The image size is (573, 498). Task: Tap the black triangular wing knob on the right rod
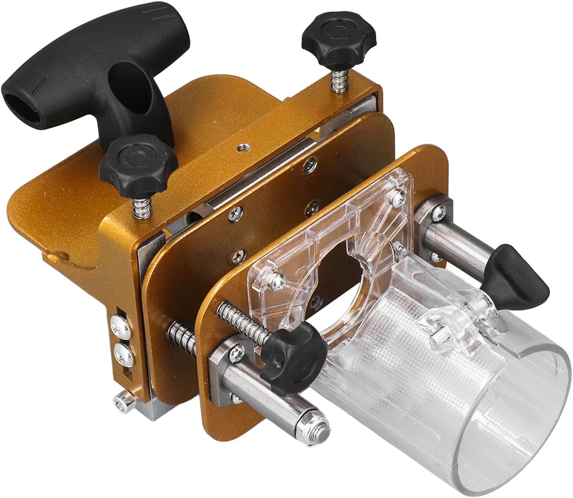(513, 270)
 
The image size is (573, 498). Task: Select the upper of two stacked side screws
(118, 322)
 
